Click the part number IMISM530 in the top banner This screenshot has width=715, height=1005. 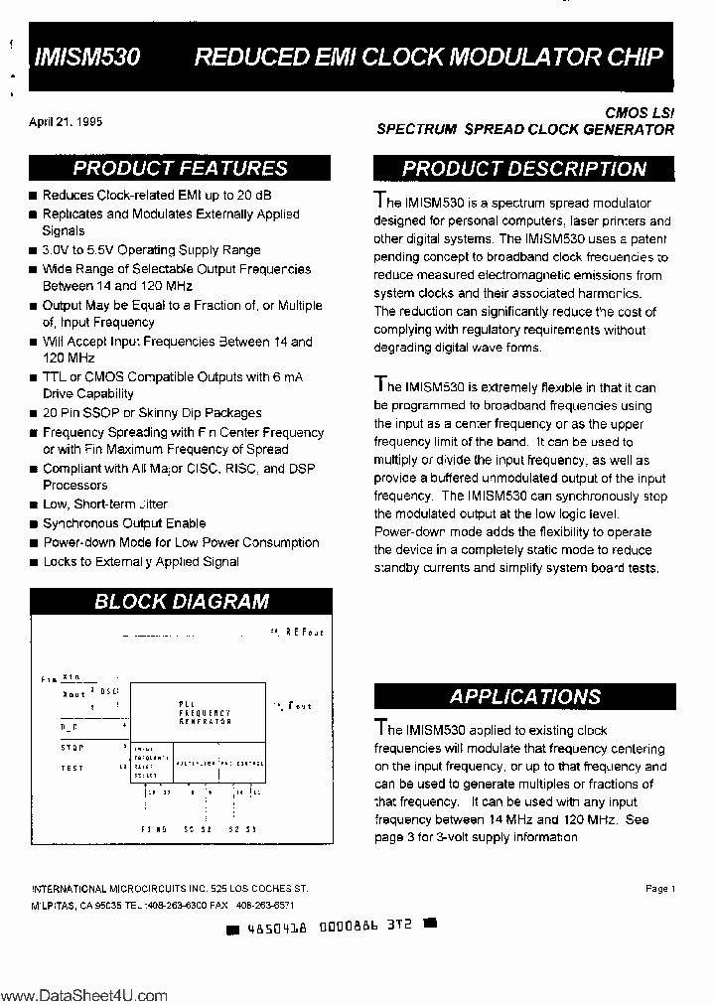pos(86,58)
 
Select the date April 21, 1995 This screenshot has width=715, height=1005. pos(66,122)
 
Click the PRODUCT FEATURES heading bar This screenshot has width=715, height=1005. pos(180,169)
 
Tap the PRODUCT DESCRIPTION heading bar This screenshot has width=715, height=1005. pos(524,169)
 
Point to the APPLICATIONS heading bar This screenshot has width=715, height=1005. pos(524,697)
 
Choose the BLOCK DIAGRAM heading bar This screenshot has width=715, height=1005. pos(180,601)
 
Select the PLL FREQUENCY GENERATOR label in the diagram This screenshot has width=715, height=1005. pos(205,712)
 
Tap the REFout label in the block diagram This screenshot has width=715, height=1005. pos(304,632)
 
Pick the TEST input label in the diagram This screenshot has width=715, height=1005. pos(71,768)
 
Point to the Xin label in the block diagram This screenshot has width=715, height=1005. pos(71,677)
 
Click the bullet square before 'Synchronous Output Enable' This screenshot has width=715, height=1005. pos(34,524)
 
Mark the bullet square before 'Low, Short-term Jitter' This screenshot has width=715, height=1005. pos(34,505)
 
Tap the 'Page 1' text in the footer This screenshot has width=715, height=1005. pos(659,889)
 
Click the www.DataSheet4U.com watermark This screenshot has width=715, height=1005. pos(84,995)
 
